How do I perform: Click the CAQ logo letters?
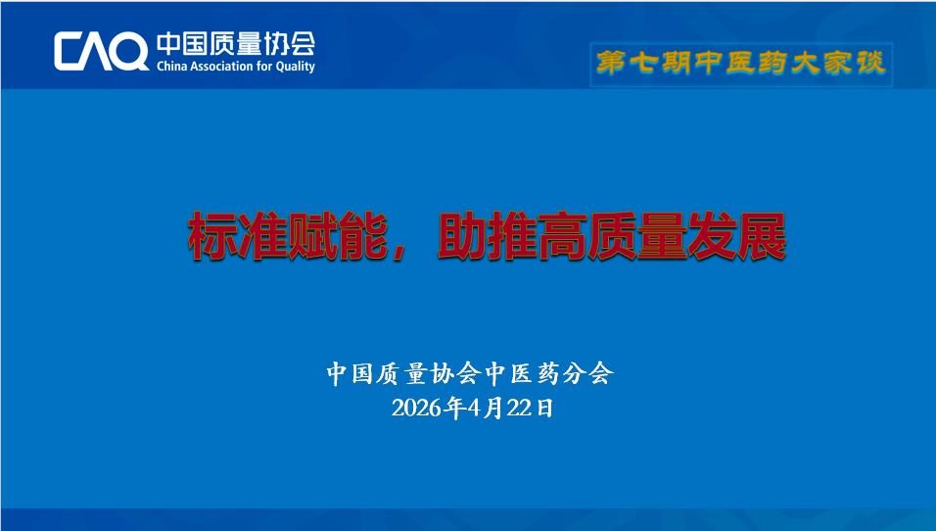[102, 51]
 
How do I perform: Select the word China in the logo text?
[171, 66]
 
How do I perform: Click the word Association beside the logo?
[221, 66]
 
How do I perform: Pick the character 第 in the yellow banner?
[610, 63]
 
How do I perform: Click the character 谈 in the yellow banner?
[870, 63]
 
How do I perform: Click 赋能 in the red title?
[337, 236]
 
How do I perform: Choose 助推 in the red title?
[488, 236]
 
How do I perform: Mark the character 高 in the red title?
[562, 236]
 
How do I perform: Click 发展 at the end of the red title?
[736, 236]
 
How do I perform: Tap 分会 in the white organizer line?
[588, 373]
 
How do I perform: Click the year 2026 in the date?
[417, 408]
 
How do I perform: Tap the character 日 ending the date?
[544, 408]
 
